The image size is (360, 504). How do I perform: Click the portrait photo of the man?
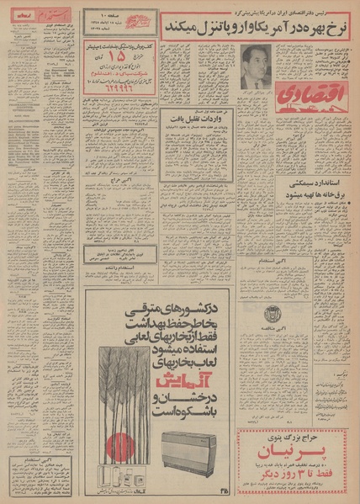(253, 66)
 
